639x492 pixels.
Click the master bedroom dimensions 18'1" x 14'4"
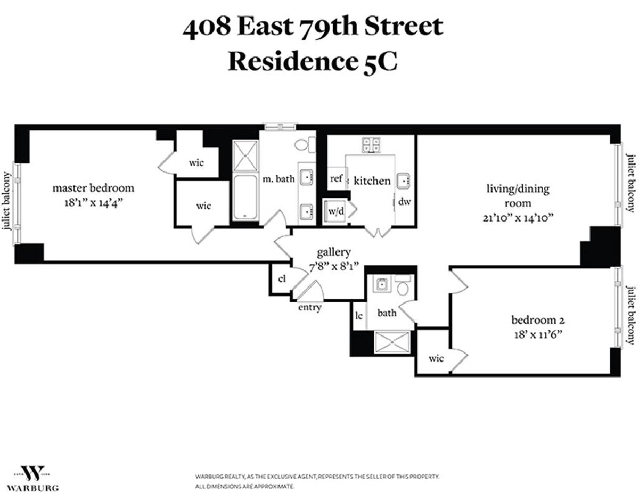(93, 202)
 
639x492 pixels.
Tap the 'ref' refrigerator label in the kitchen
(336, 179)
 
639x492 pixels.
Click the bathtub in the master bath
(245, 196)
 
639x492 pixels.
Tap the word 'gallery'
(333, 252)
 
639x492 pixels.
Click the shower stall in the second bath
(392, 342)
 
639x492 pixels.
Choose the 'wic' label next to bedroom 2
(436, 358)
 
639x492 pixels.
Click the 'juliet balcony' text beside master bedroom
(7, 201)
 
